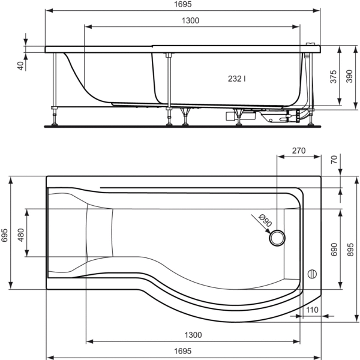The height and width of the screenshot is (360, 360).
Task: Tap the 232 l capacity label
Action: coord(237,79)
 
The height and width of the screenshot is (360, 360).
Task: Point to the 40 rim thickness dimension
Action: coord(20,65)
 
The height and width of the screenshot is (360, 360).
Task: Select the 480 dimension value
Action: coord(21,235)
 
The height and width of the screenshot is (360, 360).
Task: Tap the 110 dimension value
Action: coord(311,310)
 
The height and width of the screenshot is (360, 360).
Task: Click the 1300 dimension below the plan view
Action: coord(193,335)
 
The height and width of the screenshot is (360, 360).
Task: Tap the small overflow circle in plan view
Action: coord(311,274)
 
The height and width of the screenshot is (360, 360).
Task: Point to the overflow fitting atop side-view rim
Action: coord(310,44)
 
